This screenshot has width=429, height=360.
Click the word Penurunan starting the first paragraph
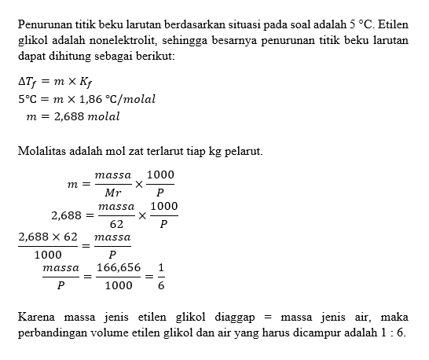click(x=46, y=24)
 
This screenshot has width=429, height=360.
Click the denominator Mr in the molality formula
click(x=112, y=192)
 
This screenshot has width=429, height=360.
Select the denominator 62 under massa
click(x=116, y=223)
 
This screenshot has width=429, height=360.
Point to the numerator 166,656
click(x=119, y=268)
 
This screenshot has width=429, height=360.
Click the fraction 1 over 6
click(x=161, y=276)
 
